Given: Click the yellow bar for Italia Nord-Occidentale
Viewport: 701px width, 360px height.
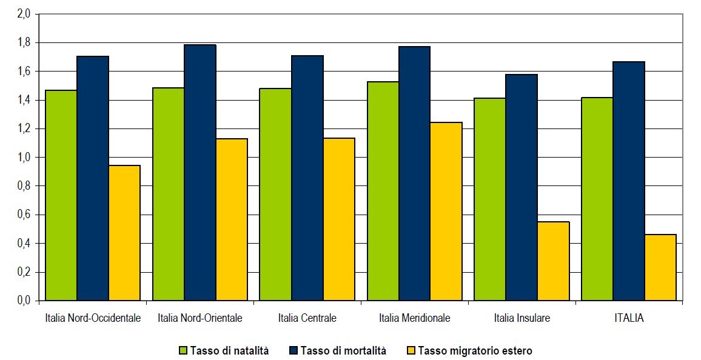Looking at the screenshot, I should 124,233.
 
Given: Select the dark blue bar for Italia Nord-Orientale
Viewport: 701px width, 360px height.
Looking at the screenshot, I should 200,173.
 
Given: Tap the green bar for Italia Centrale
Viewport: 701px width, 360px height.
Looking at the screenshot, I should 275,195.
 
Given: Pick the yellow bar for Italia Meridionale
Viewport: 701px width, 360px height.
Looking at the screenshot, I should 446,212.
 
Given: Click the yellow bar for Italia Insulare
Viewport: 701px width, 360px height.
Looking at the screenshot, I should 554,261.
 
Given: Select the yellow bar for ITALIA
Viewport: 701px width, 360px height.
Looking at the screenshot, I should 660,267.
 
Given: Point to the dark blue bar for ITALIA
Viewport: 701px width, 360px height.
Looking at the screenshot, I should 629,181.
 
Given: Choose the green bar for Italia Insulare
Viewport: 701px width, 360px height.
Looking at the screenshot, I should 490,199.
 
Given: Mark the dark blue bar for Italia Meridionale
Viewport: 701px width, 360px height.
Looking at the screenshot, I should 415,173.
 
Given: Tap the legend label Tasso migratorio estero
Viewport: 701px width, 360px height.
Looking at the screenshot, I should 475,350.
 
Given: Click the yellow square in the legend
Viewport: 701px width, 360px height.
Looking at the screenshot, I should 411,350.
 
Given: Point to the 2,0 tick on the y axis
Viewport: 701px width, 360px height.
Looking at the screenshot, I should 24,14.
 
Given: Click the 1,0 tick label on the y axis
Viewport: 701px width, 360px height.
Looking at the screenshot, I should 24,158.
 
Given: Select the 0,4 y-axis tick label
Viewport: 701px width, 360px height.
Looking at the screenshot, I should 24,244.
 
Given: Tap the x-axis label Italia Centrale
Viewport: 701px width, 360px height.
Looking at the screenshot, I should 307,318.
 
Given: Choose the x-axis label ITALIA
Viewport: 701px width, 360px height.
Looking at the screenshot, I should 628,318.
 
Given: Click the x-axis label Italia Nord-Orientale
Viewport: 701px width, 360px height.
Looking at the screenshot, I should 200,318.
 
